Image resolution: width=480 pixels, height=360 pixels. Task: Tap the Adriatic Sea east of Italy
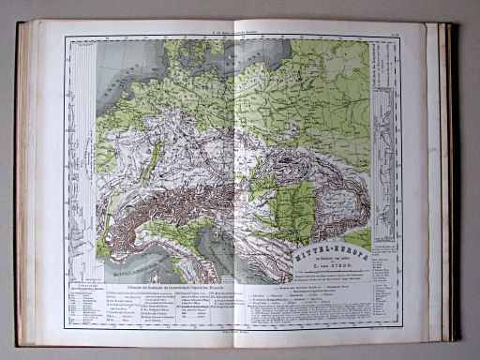click(x=234, y=248)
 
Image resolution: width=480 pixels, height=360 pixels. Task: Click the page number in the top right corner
click(x=400, y=35)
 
